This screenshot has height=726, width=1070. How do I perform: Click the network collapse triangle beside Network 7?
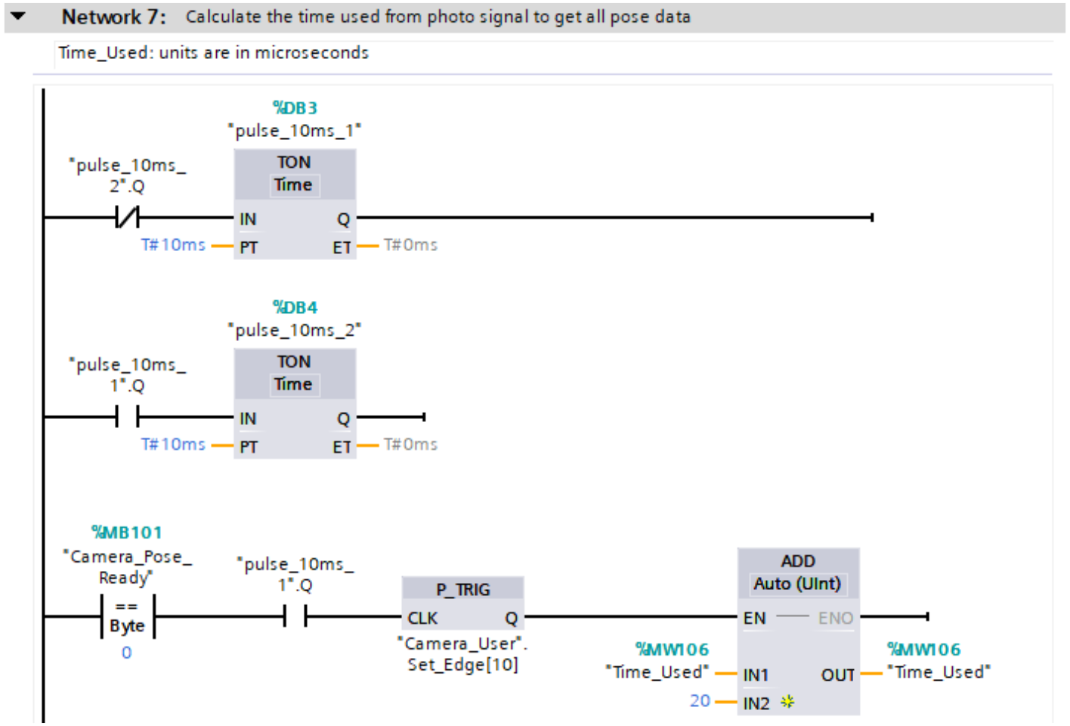(18, 15)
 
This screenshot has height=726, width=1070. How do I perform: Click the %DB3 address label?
(295, 108)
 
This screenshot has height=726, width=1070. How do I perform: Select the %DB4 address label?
(295, 308)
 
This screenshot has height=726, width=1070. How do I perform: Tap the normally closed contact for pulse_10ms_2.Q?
(127, 218)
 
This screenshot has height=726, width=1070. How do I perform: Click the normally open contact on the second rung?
(127, 416)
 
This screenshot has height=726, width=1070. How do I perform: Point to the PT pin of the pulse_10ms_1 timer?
(249, 247)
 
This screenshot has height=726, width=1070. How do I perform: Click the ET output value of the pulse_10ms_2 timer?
(410, 445)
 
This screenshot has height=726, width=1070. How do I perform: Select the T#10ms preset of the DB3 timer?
(173, 245)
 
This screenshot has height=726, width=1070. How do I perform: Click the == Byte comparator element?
(127, 616)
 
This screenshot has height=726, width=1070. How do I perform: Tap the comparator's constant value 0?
(126, 653)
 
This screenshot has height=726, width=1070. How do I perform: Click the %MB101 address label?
(126, 533)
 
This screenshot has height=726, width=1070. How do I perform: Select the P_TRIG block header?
(462, 589)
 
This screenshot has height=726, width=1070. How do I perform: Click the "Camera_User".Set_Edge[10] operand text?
(462, 654)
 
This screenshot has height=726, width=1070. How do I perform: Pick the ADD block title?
(798, 561)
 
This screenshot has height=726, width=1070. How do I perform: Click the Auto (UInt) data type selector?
(797, 584)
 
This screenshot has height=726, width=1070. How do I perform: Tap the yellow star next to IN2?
(787, 702)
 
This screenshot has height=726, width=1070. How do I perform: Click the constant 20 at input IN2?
(700, 701)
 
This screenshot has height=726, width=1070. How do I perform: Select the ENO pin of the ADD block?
(835, 618)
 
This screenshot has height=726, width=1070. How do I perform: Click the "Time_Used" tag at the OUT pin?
(939, 672)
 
